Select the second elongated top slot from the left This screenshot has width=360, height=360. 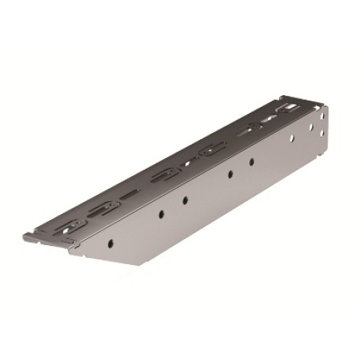pos(102,207)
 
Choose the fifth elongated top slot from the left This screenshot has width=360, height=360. pos(253,127)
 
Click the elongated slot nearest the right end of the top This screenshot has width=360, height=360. pos(288,107)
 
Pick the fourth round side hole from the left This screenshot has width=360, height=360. pos(230,174)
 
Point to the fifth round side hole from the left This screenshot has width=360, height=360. pos(252,162)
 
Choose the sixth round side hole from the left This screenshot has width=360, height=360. pos(292,138)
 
